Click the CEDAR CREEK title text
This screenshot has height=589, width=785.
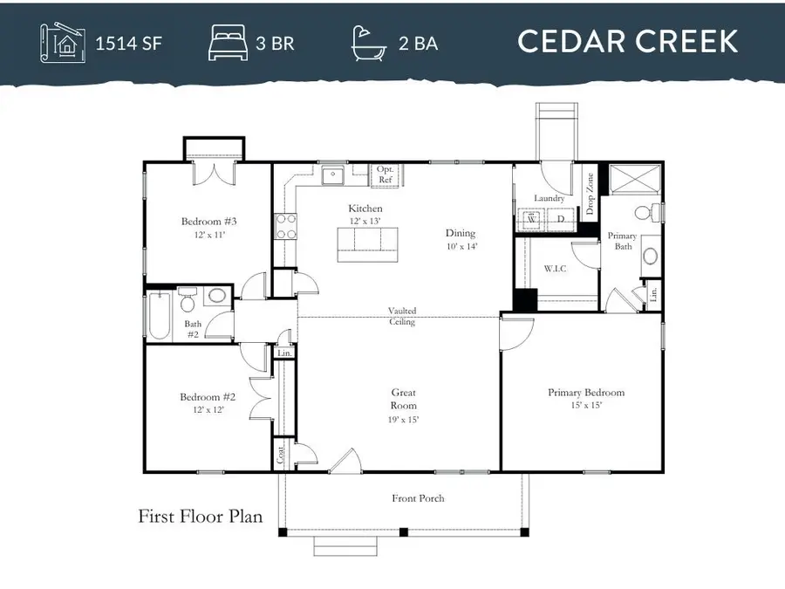click(x=628, y=41)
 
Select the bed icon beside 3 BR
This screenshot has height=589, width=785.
click(x=228, y=42)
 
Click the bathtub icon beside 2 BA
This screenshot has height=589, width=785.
click(x=368, y=42)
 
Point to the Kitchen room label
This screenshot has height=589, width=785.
click(x=365, y=209)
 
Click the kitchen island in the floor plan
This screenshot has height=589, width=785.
click(x=365, y=243)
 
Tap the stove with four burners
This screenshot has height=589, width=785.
click(x=285, y=227)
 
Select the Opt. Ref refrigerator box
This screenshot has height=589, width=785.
click(x=385, y=175)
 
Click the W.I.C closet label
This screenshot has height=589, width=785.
click(x=555, y=269)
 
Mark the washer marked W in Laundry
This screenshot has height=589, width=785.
click(x=536, y=221)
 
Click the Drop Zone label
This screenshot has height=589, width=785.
click(x=590, y=195)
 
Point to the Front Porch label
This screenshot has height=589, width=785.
click(x=418, y=498)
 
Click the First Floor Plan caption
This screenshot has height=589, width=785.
click(x=201, y=517)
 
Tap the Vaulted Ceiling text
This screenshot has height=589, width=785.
click(x=402, y=316)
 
